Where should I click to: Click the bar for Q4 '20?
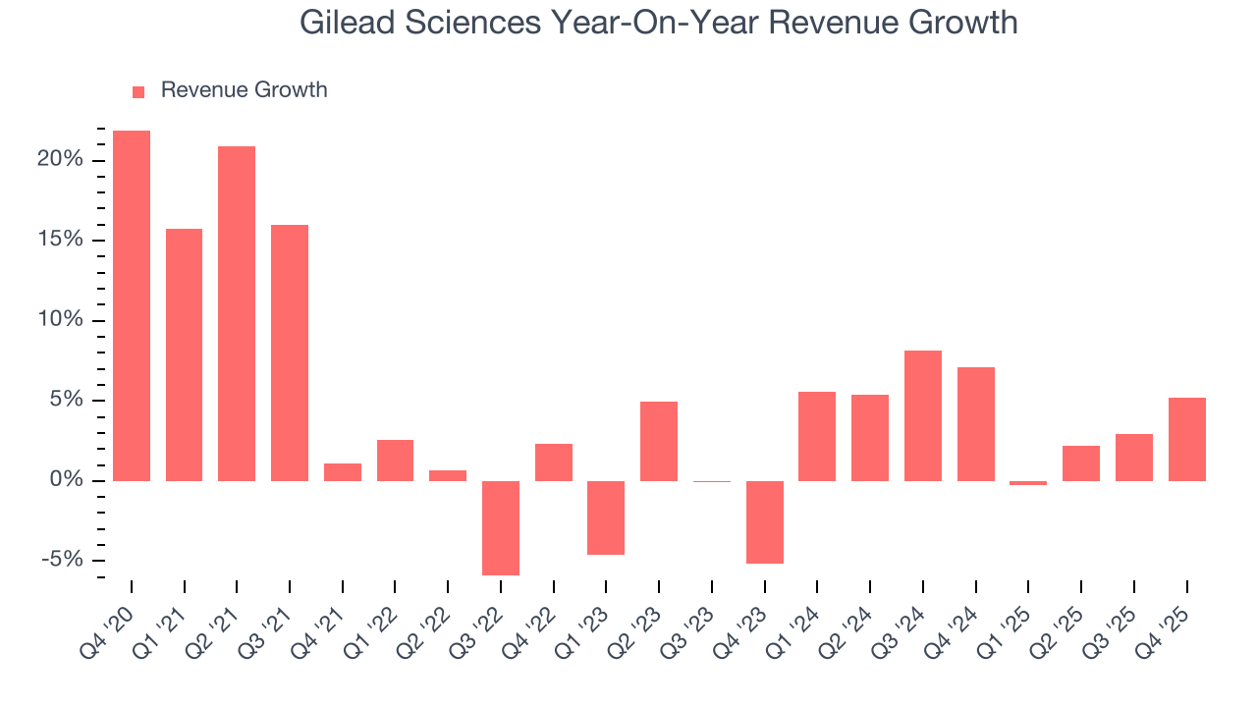point(132,305)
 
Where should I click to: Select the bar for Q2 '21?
point(237,313)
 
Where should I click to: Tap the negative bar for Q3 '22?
point(501,527)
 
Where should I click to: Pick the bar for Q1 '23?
point(606,517)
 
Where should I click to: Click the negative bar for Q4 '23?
point(765,521)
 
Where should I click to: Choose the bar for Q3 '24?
point(923,415)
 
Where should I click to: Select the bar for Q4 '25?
point(1186,439)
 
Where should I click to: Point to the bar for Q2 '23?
point(659,441)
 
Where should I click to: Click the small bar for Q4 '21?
point(343,472)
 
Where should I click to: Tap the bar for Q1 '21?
point(185,354)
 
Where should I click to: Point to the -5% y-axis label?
point(60,560)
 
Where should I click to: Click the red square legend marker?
point(138,91)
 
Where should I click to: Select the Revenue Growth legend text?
point(244,90)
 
